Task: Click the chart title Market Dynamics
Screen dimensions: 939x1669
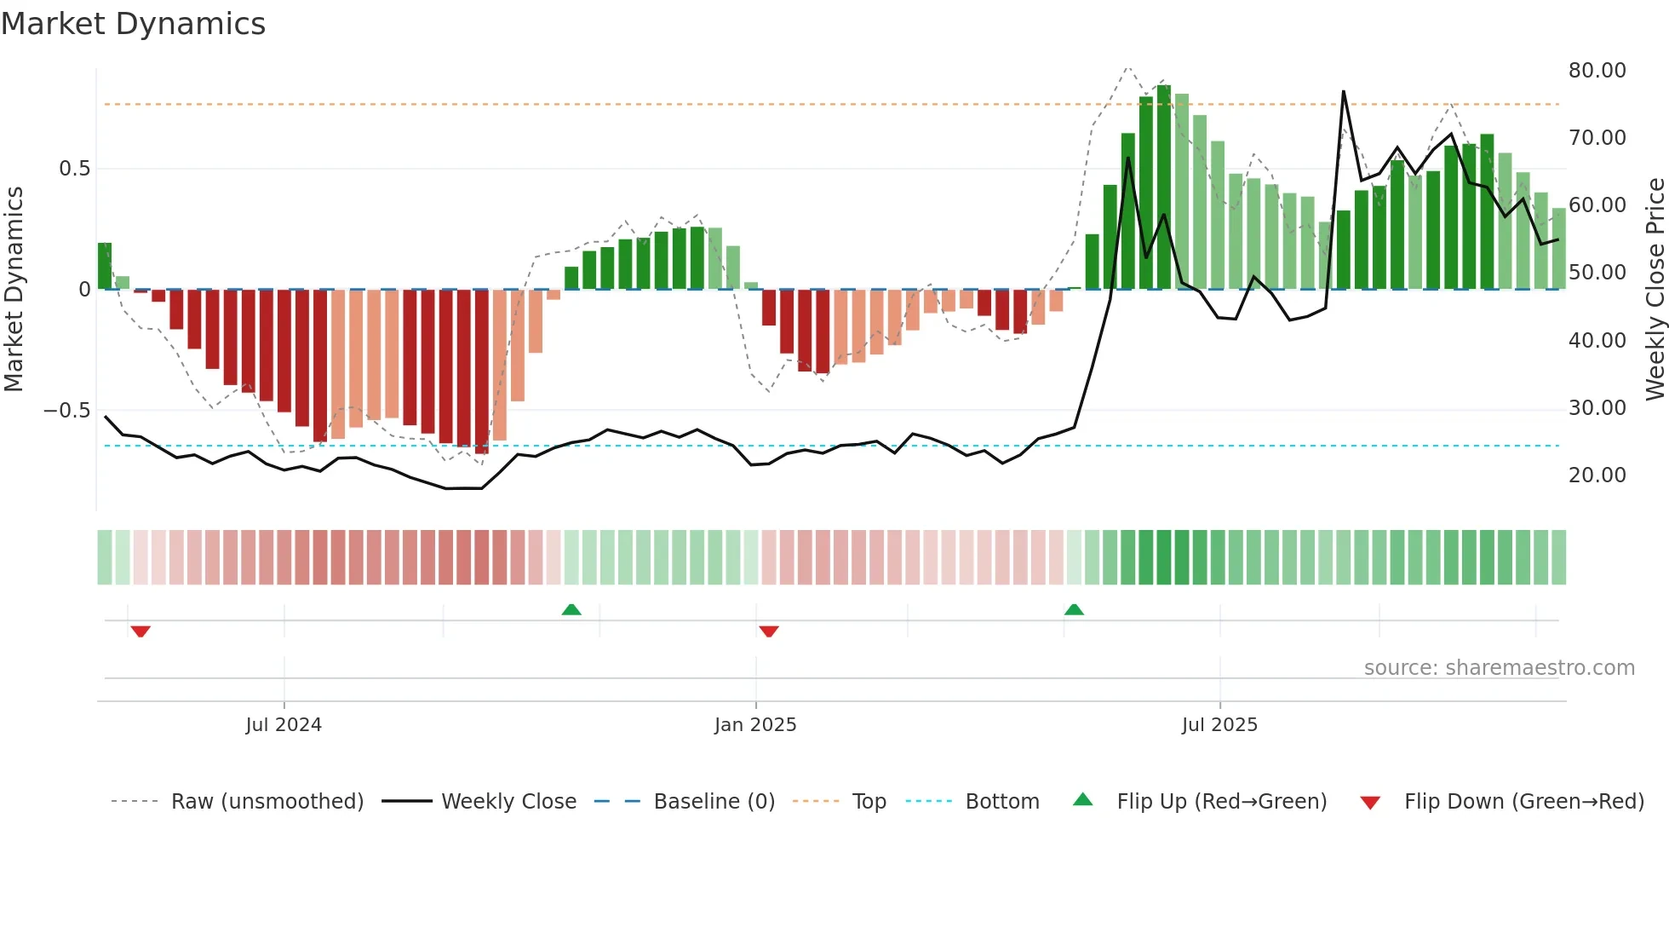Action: [134, 24]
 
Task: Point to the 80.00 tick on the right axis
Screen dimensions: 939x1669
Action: [1597, 71]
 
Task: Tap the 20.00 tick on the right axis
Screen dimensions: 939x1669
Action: [1597, 475]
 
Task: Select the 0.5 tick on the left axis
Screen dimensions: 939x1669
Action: [74, 169]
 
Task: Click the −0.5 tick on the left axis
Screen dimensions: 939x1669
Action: [66, 411]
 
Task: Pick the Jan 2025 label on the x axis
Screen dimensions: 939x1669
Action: [755, 725]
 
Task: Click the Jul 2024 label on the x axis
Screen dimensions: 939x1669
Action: [284, 725]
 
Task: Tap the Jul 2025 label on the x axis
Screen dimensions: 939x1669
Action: [1219, 725]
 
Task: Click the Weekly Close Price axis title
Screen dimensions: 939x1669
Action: [1655, 290]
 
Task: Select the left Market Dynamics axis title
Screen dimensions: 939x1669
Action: [14, 290]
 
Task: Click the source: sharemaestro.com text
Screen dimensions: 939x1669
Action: [1499, 668]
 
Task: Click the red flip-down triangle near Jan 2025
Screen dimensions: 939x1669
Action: [769, 631]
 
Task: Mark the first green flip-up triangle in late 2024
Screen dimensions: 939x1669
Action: [571, 609]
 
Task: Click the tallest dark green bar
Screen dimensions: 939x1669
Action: [1164, 187]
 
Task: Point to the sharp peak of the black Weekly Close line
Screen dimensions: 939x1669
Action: [1344, 92]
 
